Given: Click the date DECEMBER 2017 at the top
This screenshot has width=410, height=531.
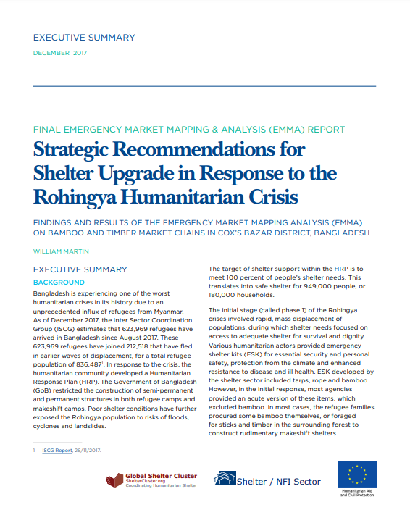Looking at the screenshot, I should (59, 54).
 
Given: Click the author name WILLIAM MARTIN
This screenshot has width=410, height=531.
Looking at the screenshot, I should (62, 251).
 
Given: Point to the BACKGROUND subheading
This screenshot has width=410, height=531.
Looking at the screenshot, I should (59, 282).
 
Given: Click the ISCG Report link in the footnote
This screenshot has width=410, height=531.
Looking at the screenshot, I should (59, 450).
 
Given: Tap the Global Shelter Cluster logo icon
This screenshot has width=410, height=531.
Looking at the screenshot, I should (114, 480).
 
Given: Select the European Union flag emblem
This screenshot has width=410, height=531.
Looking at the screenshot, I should (356, 475).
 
